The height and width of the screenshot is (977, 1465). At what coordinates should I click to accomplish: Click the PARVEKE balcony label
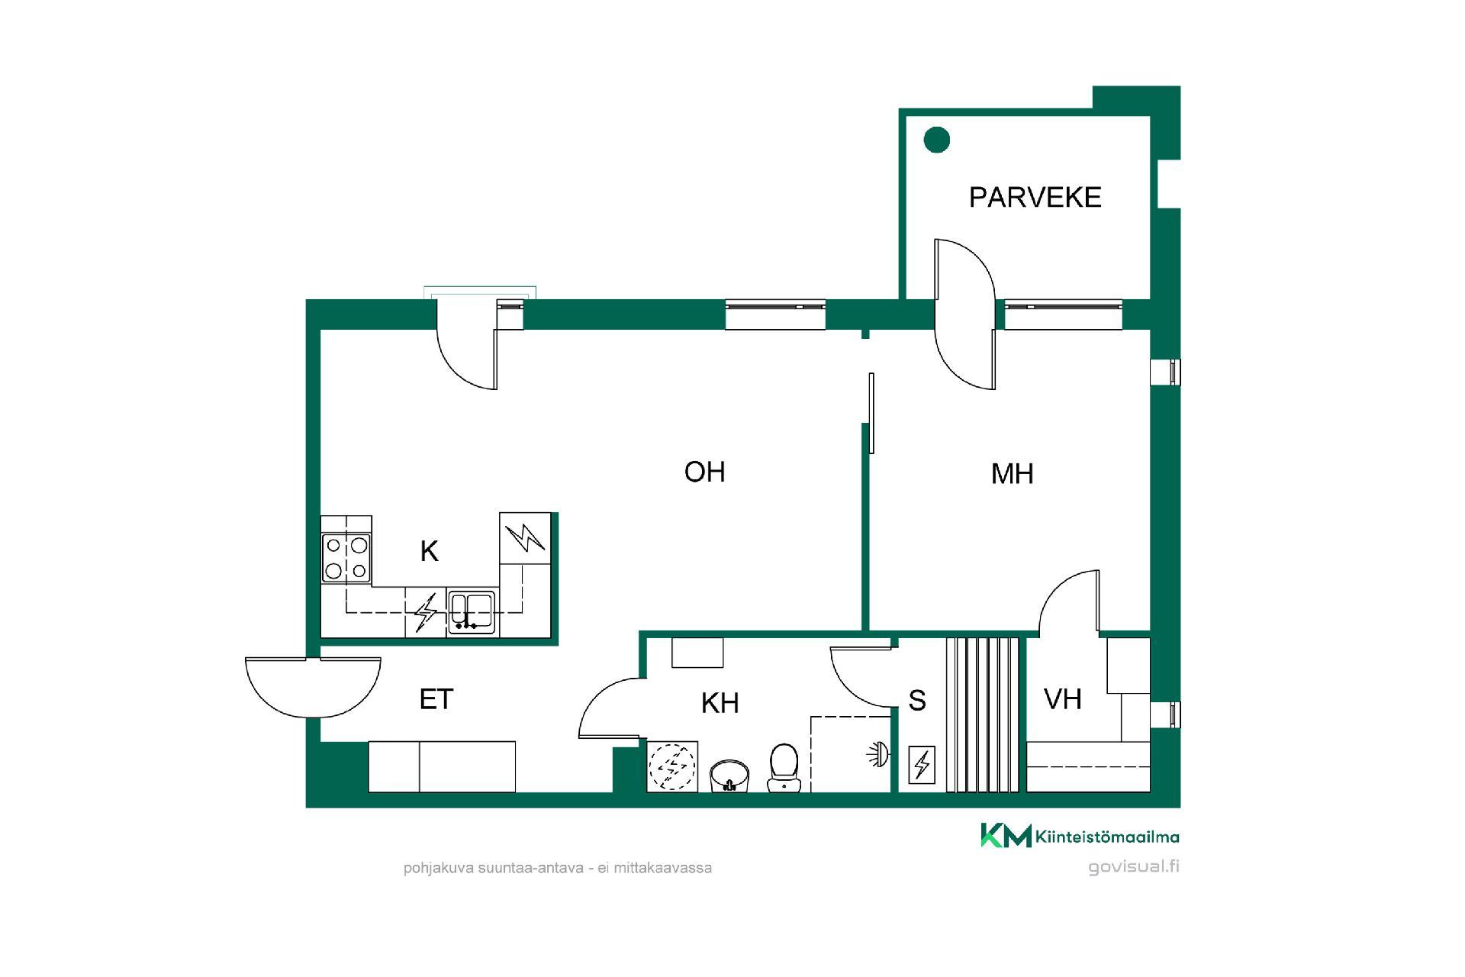[1035, 198]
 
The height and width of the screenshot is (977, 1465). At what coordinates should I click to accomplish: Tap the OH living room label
[704, 472]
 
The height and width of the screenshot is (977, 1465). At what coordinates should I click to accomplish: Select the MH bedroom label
[1012, 474]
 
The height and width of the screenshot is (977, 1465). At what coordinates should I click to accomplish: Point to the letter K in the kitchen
[430, 551]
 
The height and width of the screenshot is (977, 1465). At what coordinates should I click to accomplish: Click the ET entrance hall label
[436, 699]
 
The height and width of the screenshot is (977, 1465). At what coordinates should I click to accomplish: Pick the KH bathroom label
[720, 703]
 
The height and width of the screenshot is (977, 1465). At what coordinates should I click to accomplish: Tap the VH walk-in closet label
[1062, 699]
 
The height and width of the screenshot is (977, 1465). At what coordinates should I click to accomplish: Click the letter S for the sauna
[917, 701]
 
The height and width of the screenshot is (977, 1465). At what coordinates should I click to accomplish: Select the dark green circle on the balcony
[937, 140]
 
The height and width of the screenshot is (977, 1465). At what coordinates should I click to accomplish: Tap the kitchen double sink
[471, 613]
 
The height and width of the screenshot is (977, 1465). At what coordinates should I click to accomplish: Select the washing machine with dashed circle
[672, 766]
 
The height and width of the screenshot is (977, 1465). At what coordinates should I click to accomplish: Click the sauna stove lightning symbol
[922, 764]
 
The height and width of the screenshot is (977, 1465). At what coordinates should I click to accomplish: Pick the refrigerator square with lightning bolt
[525, 537]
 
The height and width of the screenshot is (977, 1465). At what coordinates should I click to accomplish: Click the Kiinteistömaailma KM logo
[1080, 836]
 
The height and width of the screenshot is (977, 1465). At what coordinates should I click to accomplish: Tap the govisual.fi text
[1134, 867]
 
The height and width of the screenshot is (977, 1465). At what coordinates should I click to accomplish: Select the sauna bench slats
[983, 714]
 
